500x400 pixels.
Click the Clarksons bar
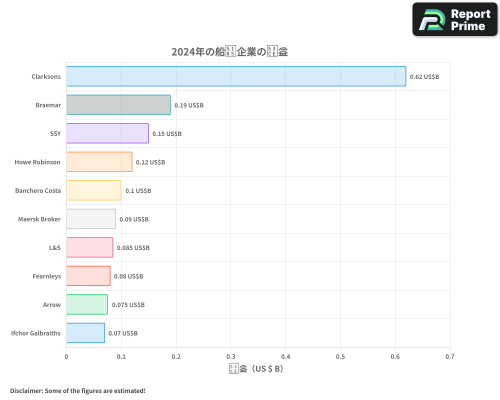coord(236,76)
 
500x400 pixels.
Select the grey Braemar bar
coord(118,105)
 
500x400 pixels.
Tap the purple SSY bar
coord(107,133)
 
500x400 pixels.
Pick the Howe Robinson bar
coord(99,162)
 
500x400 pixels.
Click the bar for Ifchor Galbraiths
coord(85,333)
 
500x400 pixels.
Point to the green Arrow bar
coord(87,304)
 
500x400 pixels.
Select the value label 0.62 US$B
coord(424,77)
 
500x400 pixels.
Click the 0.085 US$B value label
coord(133,248)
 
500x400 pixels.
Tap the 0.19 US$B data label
coord(189,105)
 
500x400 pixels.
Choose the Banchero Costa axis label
coord(38,190)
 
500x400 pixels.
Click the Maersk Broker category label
coord(39,219)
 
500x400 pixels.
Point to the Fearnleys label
coord(46,276)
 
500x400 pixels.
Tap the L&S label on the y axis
coord(54,247)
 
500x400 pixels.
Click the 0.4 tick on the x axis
coord(285,356)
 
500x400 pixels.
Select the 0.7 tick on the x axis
coord(450,356)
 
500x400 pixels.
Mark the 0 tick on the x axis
coord(66,356)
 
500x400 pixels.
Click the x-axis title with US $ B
coord(256,369)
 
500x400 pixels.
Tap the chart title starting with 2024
coord(229,51)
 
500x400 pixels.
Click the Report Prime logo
coord(455,19)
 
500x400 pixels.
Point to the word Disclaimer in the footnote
coord(26,390)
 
